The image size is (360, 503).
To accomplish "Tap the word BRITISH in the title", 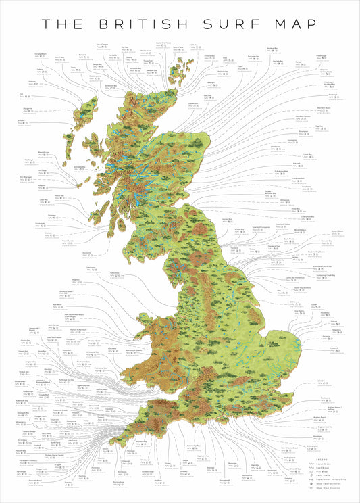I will (145, 23).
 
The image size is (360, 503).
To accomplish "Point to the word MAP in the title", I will (294, 23).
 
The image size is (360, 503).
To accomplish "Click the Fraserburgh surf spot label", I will (320, 56).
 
